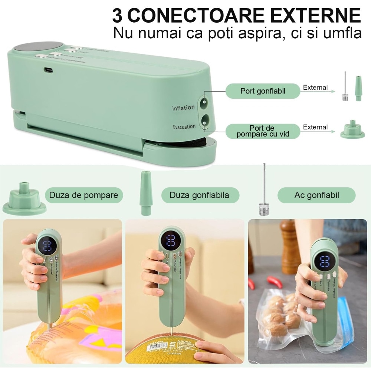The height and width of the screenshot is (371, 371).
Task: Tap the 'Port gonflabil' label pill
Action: (x=263, y=91)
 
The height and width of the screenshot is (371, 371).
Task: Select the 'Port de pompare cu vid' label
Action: (x=263, y=131)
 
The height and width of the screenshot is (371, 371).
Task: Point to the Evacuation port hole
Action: (x=204, y=119)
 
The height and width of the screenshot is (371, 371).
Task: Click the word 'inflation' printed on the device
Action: (x=183, y=108)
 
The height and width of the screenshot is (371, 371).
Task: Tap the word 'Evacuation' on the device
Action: (x=184, y=127)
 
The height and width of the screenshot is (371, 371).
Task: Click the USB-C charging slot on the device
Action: (x=49, y=69)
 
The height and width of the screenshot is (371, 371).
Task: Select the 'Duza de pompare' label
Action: (x=83, y=195)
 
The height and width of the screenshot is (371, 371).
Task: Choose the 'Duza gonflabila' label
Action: (x=199, y=195)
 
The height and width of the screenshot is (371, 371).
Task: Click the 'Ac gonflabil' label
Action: (x=316, y=195)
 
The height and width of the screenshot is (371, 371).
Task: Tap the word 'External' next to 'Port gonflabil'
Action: (x=315, y=88)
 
